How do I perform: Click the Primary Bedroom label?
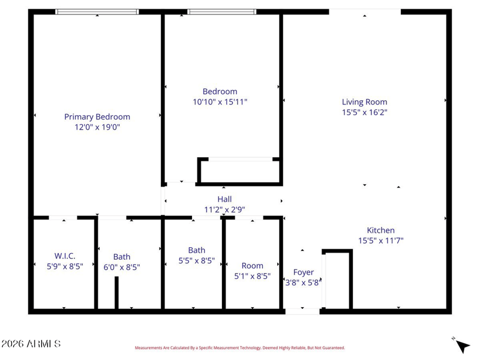(x=97, y=117)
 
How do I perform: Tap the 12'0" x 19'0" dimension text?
(x=97, y=127)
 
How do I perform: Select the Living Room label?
(x=364, y=102)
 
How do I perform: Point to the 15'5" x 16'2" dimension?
(x=364, y=112)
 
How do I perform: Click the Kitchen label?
(x=380, y=230)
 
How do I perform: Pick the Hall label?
(x=224, y=199)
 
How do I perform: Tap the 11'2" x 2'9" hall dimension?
(x=224, y=209)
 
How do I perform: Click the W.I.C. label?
(x=65, y=256)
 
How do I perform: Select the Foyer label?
(x=303, y=272)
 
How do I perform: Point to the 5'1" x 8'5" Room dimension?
(x=252, y=276)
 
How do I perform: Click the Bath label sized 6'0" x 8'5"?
(x=122, y=257)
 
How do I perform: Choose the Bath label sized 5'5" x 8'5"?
(x=197, y=250)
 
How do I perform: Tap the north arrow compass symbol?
(x=461, y=345)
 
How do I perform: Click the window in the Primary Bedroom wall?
(x=97, y=12)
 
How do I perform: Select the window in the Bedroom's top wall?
(x=221, y=12)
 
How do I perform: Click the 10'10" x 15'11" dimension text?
(x=220, y=102)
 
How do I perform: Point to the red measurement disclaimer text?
(x=239, y=348)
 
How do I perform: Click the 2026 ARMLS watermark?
(x=31, y=344)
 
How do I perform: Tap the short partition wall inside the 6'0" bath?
(x=116, y=293)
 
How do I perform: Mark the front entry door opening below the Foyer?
(x=302, y=311)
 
